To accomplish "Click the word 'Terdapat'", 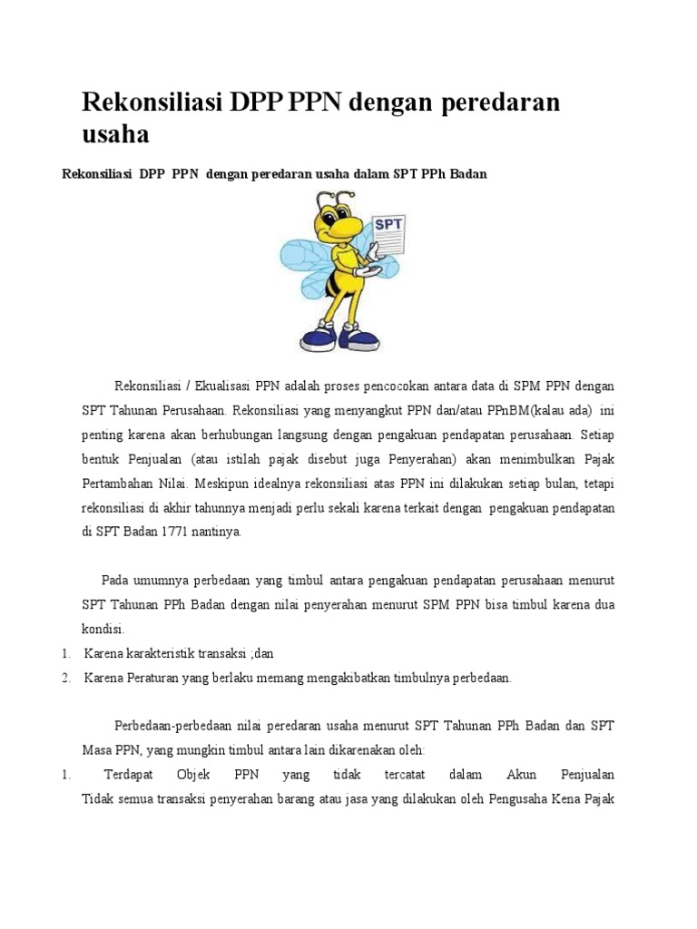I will pyautogui.click(x=129, y=775).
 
